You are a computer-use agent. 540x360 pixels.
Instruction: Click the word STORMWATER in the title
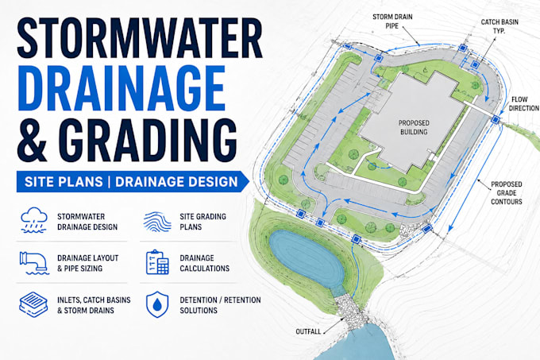coord(140,38)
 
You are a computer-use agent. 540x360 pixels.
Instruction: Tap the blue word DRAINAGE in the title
coord(121,88)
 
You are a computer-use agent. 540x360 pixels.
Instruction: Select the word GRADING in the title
coord(148,140)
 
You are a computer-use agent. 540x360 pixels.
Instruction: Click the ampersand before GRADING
coord(32,140)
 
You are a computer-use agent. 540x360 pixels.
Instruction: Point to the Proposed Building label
coord(414,127)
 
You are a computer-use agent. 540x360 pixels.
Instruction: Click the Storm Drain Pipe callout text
coord(392,21)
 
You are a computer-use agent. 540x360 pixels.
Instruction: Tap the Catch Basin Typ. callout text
coord(499,26)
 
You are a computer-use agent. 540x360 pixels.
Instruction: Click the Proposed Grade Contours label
coord(507,193)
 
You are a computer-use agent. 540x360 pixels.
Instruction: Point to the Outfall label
coord(308,331)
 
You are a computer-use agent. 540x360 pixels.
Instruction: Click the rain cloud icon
coord(33,220)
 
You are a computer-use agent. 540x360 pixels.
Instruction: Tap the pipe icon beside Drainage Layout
coord(34,263)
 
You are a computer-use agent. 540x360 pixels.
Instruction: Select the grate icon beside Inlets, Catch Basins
coord(33,304)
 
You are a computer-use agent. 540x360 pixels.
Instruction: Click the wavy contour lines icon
coord(157,221)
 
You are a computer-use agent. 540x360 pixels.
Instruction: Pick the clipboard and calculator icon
coord(157,262)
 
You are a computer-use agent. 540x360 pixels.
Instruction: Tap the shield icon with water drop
coord(157,304)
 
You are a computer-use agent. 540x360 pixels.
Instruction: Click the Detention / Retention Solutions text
coord(220,305)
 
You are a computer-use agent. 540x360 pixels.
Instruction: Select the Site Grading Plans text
coord(202,222)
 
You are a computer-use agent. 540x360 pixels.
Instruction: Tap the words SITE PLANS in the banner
coord(64,181)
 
